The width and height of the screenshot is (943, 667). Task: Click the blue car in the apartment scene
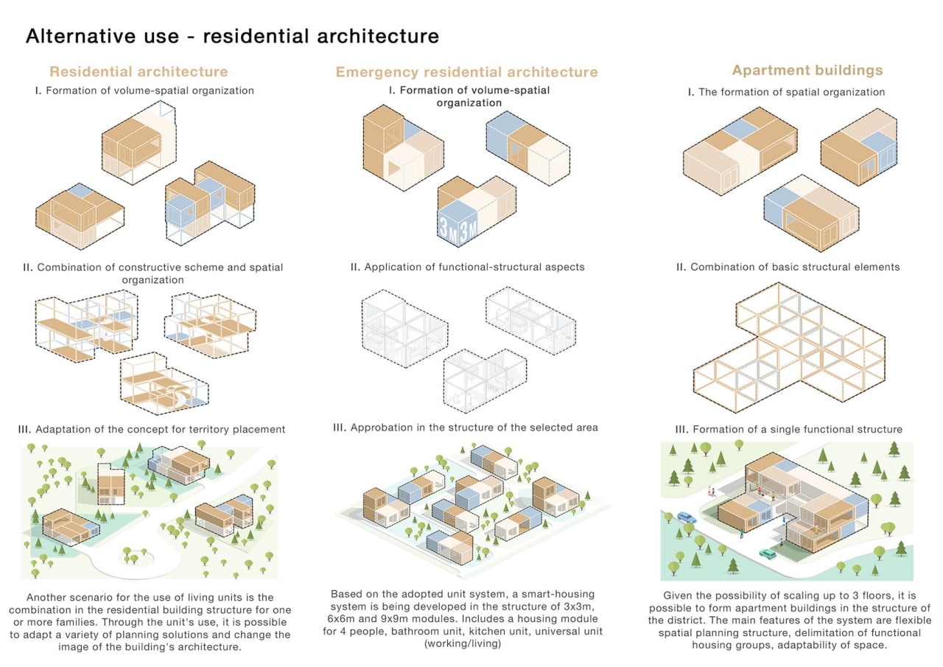tap(684, 517)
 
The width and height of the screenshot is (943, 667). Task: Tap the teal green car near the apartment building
tap(768, 553)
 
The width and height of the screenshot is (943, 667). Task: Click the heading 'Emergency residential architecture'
tap(466, 72)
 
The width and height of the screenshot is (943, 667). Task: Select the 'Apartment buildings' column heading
tap(807, 71)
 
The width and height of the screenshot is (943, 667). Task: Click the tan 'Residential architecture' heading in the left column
tap(139, 71)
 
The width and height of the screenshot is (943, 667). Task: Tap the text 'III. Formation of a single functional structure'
tap(788, 429)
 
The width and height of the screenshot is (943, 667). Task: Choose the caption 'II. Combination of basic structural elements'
tap(788, 267)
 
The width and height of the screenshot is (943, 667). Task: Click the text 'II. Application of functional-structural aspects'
tap(467, 267)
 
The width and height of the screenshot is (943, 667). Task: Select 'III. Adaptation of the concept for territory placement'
tap(153, 429)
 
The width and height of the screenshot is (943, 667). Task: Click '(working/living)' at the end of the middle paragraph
tap(467, 644)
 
